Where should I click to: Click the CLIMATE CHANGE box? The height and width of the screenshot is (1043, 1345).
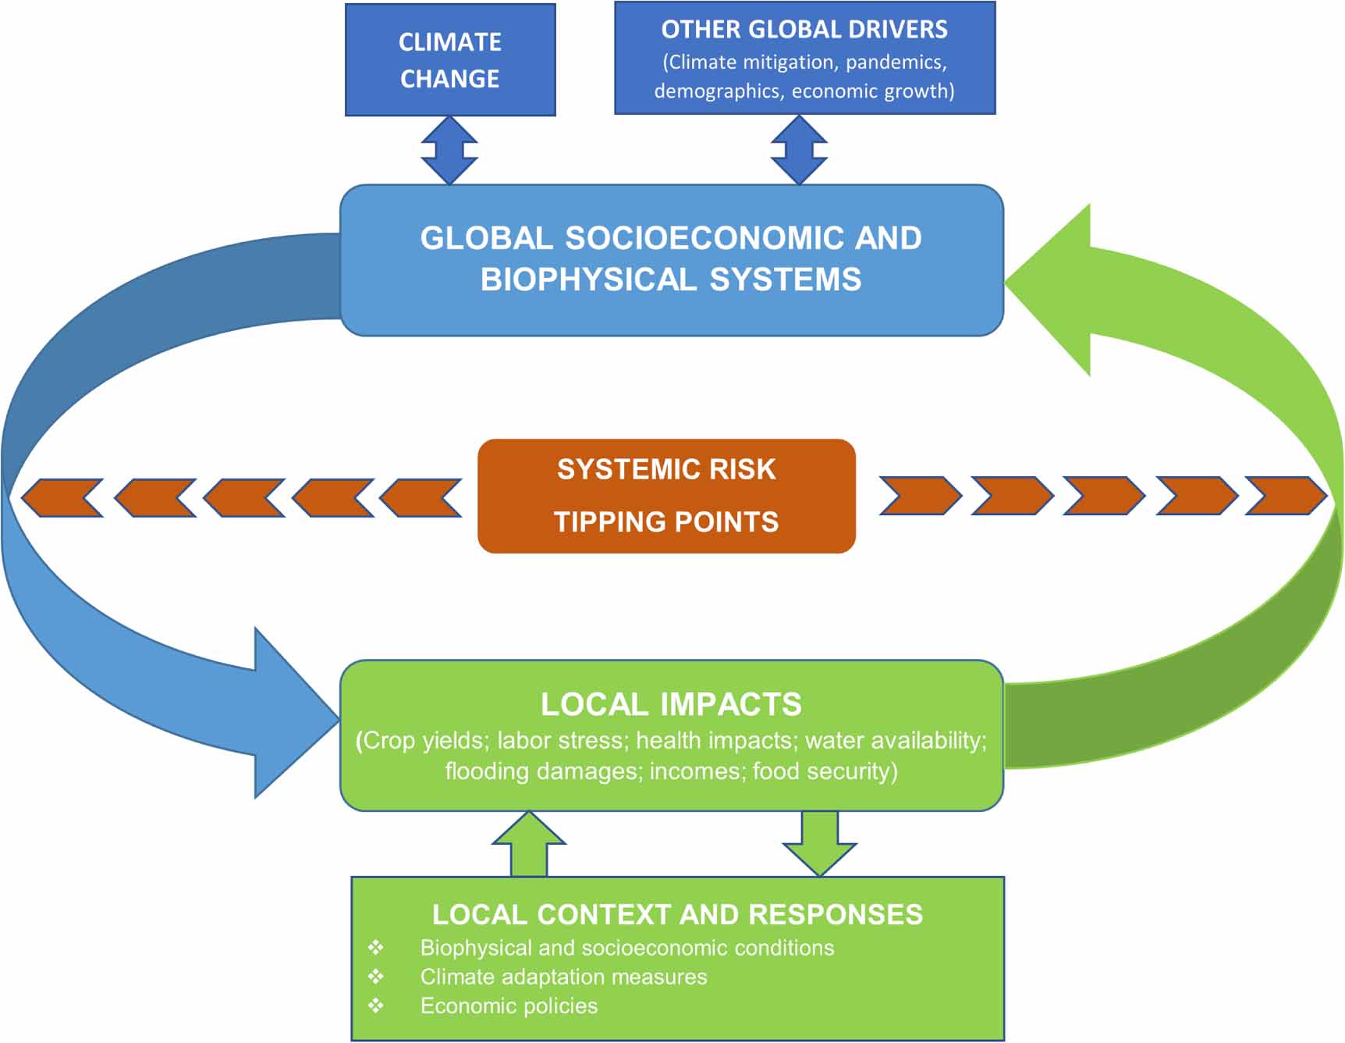pyautogui.click(x=450, y=60)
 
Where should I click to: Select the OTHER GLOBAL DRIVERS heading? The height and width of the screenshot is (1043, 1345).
pyautogui.click(x=804, y=30)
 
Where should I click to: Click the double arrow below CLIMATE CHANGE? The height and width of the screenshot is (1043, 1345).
pyautogui.click(x=449, y=150)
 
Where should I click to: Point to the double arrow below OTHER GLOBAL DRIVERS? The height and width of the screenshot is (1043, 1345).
pyautogui.click(x=799, y=150)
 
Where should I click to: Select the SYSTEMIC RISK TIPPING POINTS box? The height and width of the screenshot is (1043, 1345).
pyautogui.click(x=666, y=496)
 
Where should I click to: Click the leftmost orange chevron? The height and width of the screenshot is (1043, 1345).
pyautogui.click(x=61, y=498)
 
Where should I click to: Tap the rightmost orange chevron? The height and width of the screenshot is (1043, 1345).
pyautogui.click(x=1285, y=497)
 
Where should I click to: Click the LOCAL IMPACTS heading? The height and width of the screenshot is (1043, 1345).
pyautogui.click(x=671, y=704)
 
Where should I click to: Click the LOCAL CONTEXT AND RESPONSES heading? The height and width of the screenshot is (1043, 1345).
pyautogui.click(x=677, y=914)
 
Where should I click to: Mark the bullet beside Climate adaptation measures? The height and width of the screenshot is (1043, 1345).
pyautogui.click(x=376, y=977)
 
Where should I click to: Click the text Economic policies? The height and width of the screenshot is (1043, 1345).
pyautogui.click(x=509, y=1006)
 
